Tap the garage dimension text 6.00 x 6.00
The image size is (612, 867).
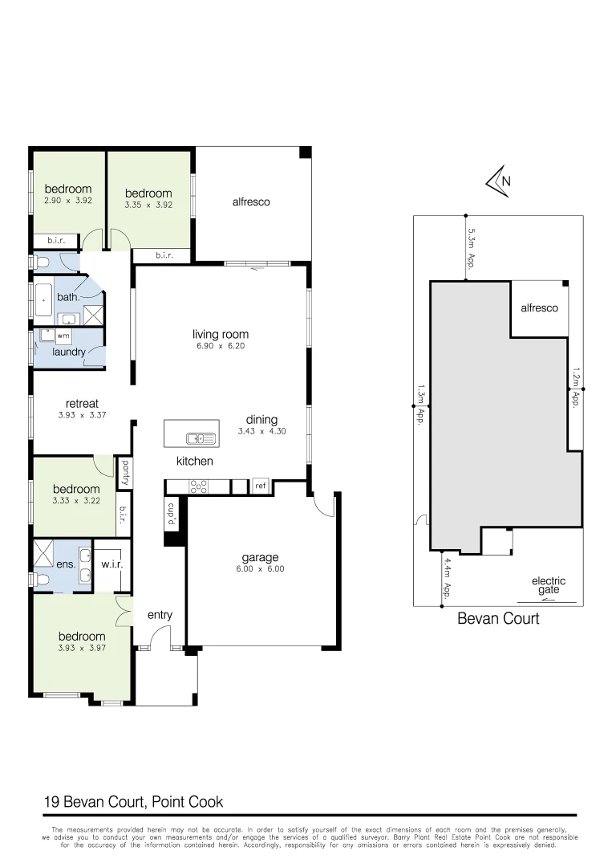click(260, 569)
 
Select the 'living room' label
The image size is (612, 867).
click(220, 334)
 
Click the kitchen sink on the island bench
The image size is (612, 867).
click(201, 438)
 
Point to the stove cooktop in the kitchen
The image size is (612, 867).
click(197, 486)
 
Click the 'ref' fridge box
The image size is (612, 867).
click(260, 486)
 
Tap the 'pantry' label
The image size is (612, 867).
click(125, 473)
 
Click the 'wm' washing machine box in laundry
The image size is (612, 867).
click(63, 336)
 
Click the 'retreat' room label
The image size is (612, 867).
click(82, 403)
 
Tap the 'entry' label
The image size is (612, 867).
click(160, 615)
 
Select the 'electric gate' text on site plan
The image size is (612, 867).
click(548, 586)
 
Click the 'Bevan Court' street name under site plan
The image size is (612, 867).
click(498, 618)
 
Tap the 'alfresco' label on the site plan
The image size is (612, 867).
click(539, 307)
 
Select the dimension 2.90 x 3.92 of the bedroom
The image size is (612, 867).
click(68, 201)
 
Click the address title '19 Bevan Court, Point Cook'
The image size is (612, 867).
click(132, 801)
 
